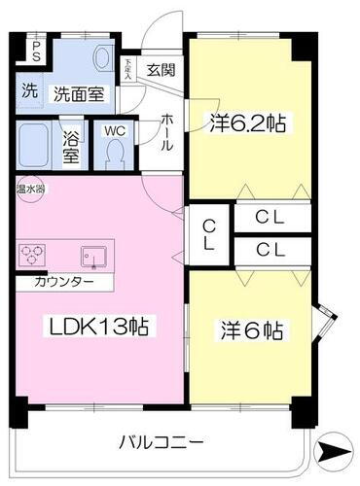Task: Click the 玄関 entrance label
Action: [x=162, y=70]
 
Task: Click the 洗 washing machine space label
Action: [x=30, y=94]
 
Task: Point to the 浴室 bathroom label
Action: [x=71, y=145]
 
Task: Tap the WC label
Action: [x=114, y=128]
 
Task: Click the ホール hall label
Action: [x=165, y=130]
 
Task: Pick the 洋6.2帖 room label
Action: [x=247, y=123]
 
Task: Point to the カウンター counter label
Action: [x=64, y=282]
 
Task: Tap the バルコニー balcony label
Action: [x=162, y=442]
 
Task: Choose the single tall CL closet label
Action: [x=209, y=234]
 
